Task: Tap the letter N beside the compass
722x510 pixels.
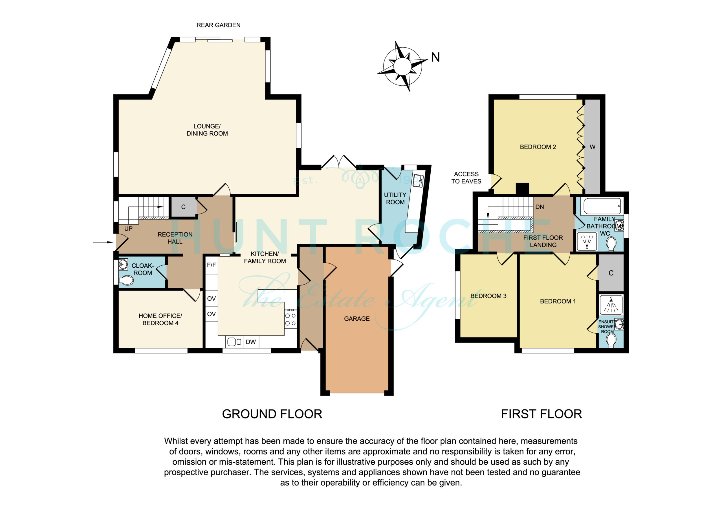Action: (x=435, y=57)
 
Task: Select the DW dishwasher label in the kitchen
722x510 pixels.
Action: (x=251, y=342)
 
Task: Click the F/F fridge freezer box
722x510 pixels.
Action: (x=211, y=265)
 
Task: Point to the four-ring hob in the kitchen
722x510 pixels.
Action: (x=290, y=319)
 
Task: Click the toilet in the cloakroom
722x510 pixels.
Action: (x=126, y=280)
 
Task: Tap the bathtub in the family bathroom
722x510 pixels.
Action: (x=602, y=207)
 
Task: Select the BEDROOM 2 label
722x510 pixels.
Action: (x=538, y=147)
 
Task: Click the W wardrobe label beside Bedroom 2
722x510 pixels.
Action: (x=593, y=147)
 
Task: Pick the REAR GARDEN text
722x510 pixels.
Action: (x=218, y=25)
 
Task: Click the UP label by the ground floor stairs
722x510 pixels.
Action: (x=128, y=229)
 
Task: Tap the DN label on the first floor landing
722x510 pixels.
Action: (x=540, y=207)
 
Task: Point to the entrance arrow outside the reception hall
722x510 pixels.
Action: (x=103, y=242)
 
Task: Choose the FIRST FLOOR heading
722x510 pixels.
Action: (x=541, y=414)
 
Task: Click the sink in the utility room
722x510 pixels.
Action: (x=418, y=181)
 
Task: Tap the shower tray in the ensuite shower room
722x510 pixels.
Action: (x=611, y=305)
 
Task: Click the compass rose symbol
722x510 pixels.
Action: (x=402, y=66)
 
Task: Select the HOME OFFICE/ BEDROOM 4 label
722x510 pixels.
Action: (x=160, y=319)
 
